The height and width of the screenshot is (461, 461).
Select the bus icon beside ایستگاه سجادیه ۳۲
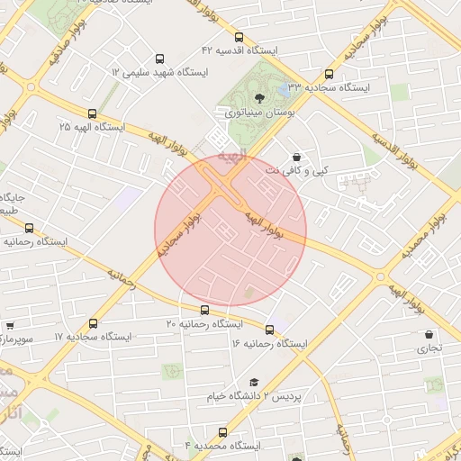(x=328, y=75)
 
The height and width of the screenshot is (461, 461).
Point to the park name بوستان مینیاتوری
(x=257, y=113)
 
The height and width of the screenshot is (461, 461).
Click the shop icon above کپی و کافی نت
(x=296, y=157)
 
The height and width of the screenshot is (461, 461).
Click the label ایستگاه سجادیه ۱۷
(x=93, y=336)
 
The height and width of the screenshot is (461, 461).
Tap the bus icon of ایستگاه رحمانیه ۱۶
(x=269, y=330)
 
